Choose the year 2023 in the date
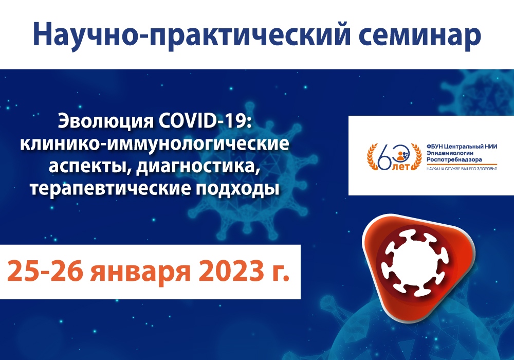(x=231, y=272)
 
